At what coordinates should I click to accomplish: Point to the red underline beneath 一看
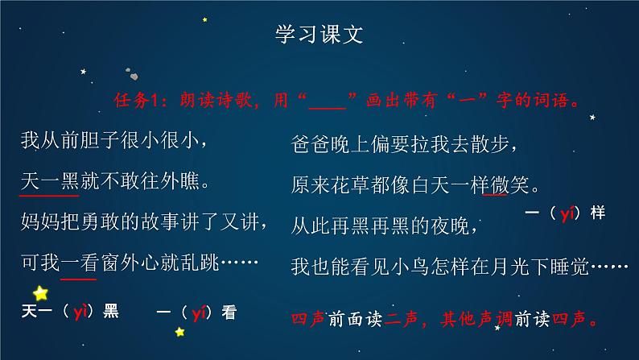[78, 276]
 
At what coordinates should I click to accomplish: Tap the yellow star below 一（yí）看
[180, 331]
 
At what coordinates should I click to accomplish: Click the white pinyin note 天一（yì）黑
[71, 312]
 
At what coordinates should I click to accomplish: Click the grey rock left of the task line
[136, 77]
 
